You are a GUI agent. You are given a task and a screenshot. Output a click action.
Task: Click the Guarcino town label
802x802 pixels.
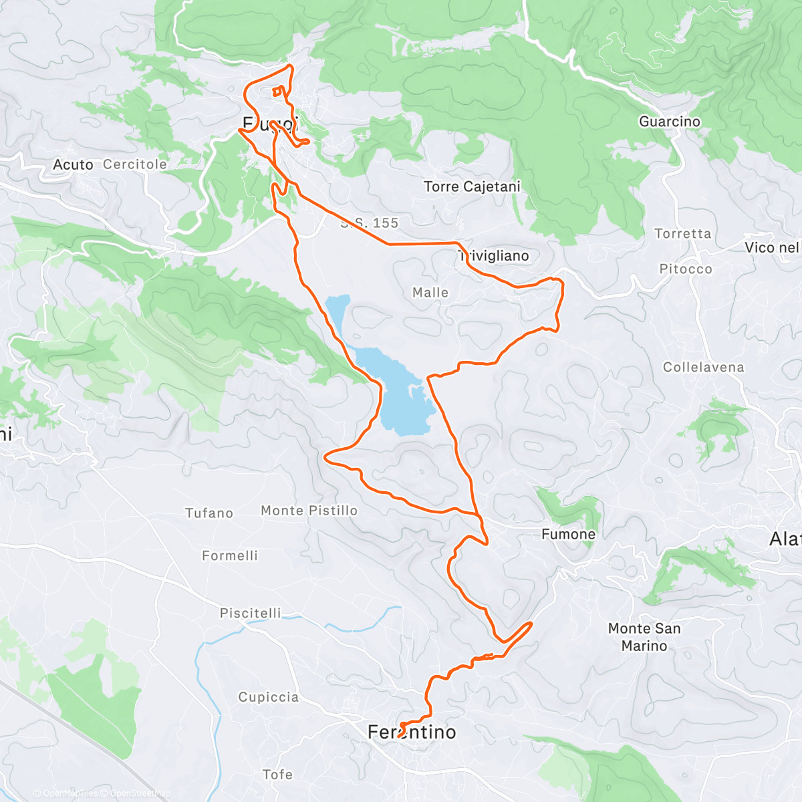pyautogui.click(x=669, y=122)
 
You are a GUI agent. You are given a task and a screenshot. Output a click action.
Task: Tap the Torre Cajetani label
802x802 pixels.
pyautogui.click(x=472, y=186)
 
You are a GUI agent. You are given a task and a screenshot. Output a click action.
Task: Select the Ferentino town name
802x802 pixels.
pyautogui.click(x=412, y=732)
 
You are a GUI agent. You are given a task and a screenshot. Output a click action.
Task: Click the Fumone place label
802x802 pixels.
pyautogui.click(x=568, y=534)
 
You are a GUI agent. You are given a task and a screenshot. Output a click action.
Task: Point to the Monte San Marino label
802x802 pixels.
pyautogui.click(x=644, y=637)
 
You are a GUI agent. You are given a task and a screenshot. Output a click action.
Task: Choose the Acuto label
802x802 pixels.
pyautogui.click(x=73, y=164)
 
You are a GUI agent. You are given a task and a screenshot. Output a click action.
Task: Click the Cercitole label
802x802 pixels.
pyautogui.click(x=135, y=164)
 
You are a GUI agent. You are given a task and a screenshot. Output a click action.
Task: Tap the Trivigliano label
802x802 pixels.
pyautogui.click(x=495, y=256)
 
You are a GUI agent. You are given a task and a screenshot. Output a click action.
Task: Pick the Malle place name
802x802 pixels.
pyautogui.click(x=430, y=293)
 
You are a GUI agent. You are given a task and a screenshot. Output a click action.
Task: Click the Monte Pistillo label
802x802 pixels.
pyautogui.click(x=309, y=511)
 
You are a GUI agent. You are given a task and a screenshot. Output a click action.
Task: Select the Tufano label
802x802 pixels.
pyautogui.click(x=209, y=513)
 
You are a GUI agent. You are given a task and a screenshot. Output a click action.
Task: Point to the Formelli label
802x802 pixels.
pyautogui.click(x=230, y=555)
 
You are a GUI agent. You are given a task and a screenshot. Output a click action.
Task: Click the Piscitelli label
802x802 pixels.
pyautogui.click(x=251, y=613)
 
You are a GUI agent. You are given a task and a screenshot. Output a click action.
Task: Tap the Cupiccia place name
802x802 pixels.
pyautogui.click(x=269, y=697)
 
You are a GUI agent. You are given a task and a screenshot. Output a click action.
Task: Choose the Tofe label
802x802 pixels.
pyautogui.click(x=277, y=774)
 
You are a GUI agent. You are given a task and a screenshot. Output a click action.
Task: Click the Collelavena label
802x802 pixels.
pyautogui.click(x=703, y=367)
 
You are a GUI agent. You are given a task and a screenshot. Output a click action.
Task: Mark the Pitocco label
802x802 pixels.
pyautogui.click(x=686, y=269)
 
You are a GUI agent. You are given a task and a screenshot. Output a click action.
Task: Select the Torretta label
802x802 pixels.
pyautogui.click(x=682, y=233)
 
